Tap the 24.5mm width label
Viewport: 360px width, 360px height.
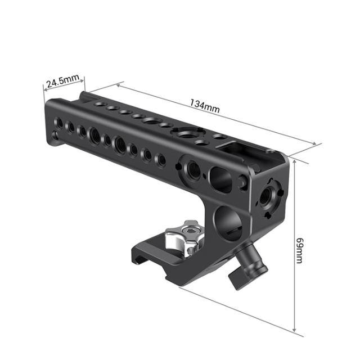(x=62, y=82)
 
